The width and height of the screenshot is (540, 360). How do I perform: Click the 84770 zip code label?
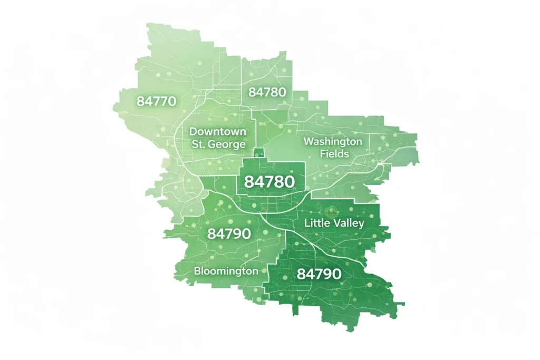pyautogui.click(x=156, y=101)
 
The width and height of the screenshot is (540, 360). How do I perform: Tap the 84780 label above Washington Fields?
pyautogui.click(x=267, y=92)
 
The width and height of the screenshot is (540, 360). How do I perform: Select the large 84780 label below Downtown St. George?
pyautogui.click(x=269, y=182)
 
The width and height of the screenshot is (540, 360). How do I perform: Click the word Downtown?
pyautogui.click(x=217, y=131)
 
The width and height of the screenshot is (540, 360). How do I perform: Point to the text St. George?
pyautogui.click(x=218, y=144)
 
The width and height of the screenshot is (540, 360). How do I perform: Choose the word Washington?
pyautogui.click(x=333, y=142)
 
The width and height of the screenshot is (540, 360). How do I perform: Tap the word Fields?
pyautogui.click(x=333, y=154)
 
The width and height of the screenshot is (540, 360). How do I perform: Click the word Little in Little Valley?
pyautogui.click(x=315, y=223)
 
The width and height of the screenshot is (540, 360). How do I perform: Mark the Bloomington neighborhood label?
pyautogui.click(x=226, y=271)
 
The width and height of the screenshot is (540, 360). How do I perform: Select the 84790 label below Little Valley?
pyautogui.click(x=319, y=274)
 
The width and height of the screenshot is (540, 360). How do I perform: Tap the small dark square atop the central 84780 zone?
pyautogui.click(x=258, y=153)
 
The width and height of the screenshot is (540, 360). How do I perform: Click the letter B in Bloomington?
pyautogui.click(x=197, y=271)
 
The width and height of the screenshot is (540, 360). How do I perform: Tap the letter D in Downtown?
pyautogui.click(x=192, y=131)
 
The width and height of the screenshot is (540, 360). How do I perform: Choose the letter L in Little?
pyautogui.click(x=307, y=223)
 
